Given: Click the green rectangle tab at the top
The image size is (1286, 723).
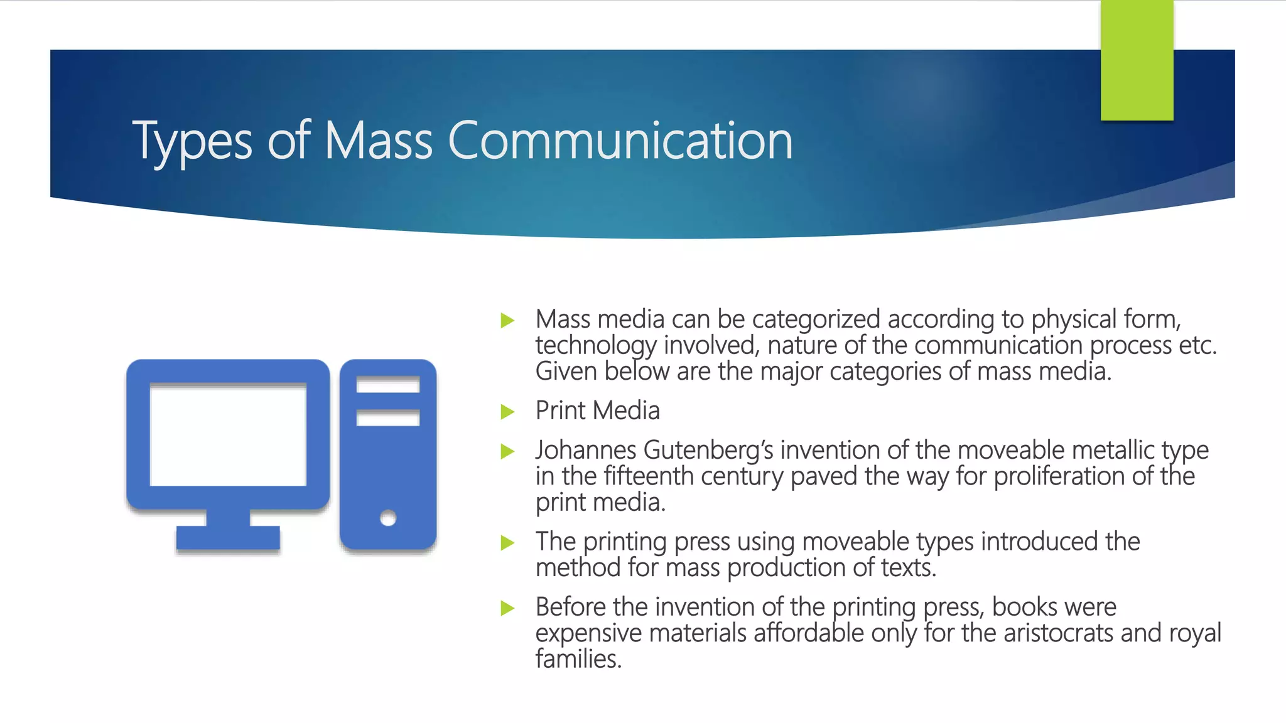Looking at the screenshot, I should click(x=1137, y=60).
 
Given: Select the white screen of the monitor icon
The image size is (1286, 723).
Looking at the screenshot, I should click(x=228, y=434).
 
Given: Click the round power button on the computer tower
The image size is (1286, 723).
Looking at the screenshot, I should click(x=388, y=518).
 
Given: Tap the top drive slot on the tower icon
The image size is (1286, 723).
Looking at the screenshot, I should click(x=388, y=384).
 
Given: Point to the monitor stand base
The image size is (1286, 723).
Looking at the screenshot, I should click(x=228, y=537).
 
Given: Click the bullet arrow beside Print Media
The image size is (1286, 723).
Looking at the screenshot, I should click(x=507, y=412).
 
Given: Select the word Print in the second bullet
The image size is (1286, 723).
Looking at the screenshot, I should click(x=559, y=410).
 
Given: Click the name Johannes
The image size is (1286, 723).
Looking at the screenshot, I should click(x=586, y=450).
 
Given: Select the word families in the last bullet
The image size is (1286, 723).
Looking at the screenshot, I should click(x=578, y=659).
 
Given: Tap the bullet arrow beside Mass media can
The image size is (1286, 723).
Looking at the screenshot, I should click(x=507, y=321).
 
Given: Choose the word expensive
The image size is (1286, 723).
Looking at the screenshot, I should click(x=588, y=633).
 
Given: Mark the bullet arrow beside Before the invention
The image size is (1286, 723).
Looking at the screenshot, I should click(x=507, y=608).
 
